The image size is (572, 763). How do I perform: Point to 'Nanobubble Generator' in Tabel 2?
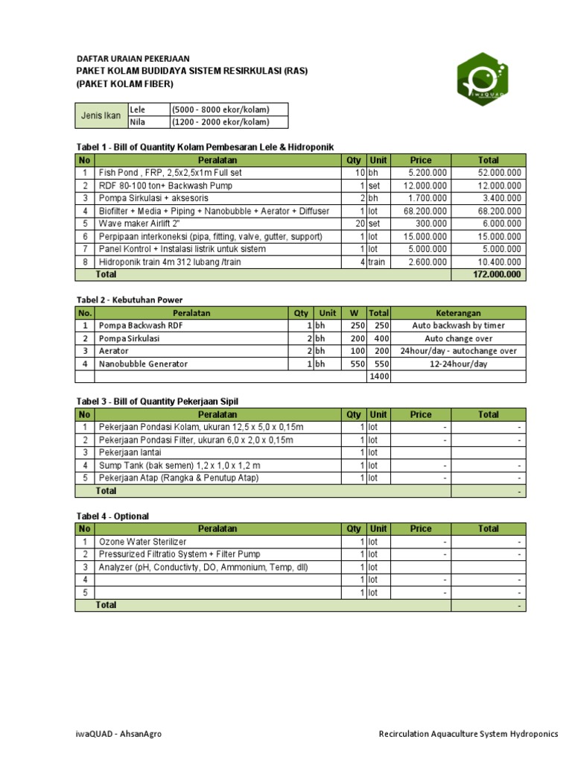[143, 364]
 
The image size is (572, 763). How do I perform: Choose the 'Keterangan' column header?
[458, 314]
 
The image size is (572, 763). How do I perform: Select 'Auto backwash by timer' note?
[458, 326]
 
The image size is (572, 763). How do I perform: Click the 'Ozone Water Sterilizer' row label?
[143, 542]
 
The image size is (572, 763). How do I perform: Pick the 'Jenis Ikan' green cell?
[101, 115]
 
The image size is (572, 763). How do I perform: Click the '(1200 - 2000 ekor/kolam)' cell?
[220, 123]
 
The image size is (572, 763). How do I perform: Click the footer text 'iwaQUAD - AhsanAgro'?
[120, 734]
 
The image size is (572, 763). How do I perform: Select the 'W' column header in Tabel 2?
[353, 314]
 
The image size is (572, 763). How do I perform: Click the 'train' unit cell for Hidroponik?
[376, 262]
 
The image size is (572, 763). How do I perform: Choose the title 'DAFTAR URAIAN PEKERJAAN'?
[133, 58]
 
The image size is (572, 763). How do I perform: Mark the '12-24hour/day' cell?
[458, 364]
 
